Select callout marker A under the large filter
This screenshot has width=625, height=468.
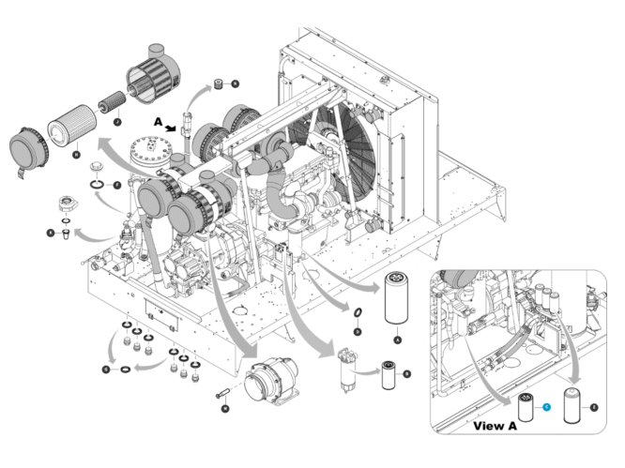point(397,340)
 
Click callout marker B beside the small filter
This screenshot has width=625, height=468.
point(407,373)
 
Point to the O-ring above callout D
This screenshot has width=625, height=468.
point(358,312)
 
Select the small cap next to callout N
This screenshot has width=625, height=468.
point(219,83)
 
